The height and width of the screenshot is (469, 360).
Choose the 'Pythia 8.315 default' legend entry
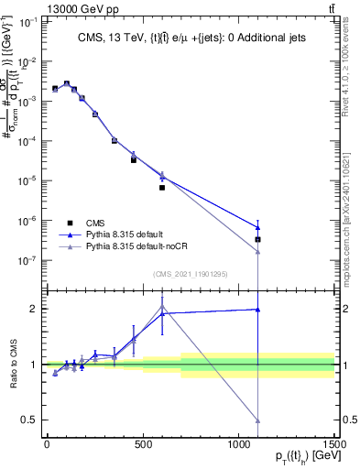[130, 234]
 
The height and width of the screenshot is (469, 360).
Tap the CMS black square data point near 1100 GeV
[257, 240]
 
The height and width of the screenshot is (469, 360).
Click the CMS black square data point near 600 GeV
[162, 188]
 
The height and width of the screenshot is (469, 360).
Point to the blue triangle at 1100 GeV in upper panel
[257, 227]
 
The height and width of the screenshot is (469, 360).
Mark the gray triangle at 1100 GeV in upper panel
[257, 253]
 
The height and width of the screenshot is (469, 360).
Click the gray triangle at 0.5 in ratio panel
[257, 420]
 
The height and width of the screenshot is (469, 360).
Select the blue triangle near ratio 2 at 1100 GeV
[257, 310]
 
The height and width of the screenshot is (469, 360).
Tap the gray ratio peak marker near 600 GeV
[162, 307]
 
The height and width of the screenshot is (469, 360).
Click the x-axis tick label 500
[142, 444]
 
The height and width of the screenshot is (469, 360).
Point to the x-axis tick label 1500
[334, 444]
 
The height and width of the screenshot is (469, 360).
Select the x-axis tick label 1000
[238, 444]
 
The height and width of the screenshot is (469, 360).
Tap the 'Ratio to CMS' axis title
[11, 365]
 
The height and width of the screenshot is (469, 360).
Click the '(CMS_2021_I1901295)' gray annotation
[190, 274]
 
